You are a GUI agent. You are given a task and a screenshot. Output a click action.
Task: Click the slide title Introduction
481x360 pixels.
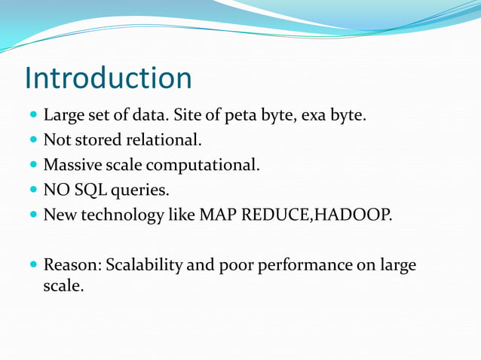click(108, 78)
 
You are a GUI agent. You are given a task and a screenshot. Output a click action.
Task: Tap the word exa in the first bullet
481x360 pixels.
click(311, 117)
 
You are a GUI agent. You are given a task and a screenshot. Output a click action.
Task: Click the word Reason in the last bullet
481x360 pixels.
click(72, 266)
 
